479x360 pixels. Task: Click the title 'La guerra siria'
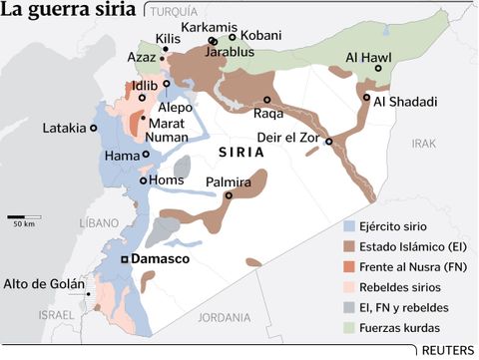(69, 13)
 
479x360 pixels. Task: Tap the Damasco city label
(164, 259)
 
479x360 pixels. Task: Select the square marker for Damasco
(124, 259)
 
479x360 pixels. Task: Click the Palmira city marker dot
(229, 195)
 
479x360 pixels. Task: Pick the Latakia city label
(64, 128)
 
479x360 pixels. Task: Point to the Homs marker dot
(145, 180)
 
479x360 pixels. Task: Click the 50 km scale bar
(24, 215)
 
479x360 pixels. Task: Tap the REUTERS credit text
(447, 350)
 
